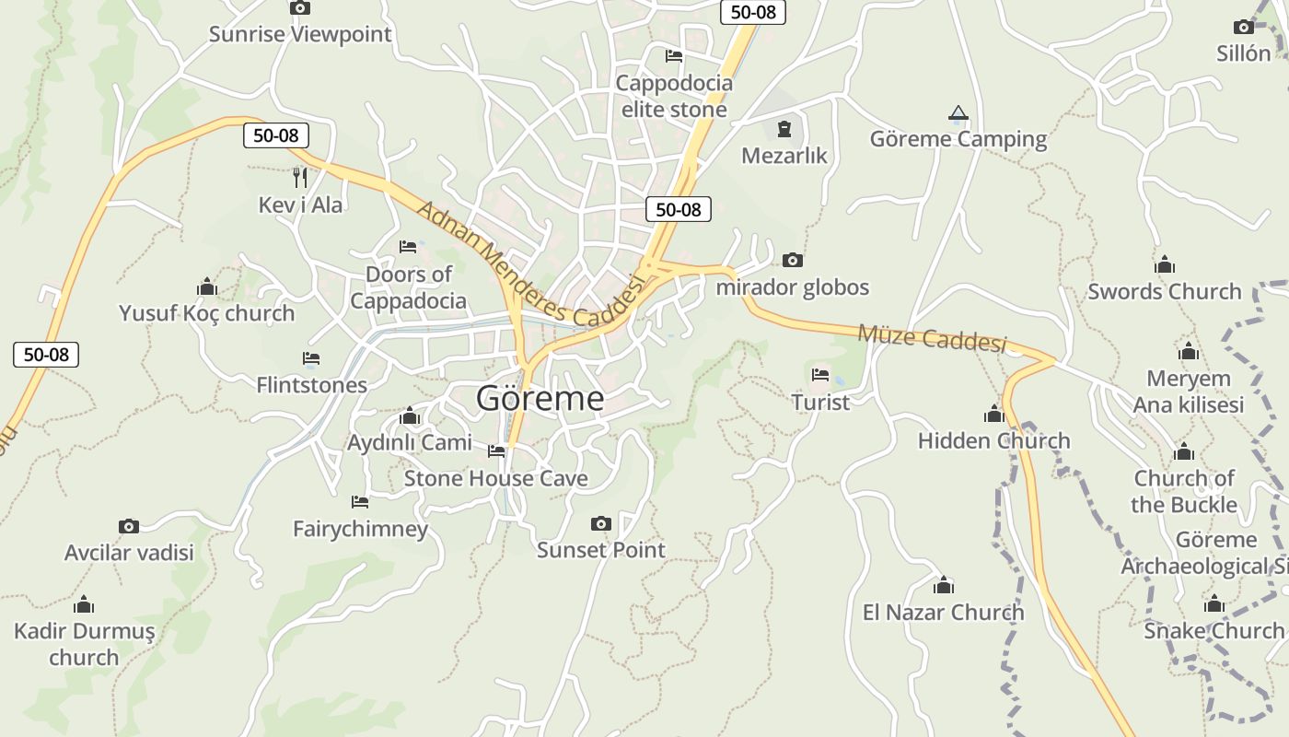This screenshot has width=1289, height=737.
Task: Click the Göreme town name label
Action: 540,398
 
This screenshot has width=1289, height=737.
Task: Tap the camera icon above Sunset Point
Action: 600,523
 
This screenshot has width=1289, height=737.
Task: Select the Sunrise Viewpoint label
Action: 300,34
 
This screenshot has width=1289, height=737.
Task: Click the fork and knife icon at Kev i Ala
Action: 300,177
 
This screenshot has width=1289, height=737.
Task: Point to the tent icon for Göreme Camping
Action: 958,113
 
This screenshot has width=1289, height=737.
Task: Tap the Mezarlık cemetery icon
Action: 784,129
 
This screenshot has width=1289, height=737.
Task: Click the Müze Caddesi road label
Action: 932,337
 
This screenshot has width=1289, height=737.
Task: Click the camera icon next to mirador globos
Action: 792,261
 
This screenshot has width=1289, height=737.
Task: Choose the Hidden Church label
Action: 993,440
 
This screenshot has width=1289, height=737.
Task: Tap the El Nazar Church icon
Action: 943,586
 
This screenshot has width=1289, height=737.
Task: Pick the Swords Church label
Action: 1164,291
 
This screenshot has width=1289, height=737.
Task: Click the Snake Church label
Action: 1214,630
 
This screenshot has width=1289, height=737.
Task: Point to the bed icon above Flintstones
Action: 311,358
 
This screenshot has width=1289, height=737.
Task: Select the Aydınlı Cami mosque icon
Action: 410,416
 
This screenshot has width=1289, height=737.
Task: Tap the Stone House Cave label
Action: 495,478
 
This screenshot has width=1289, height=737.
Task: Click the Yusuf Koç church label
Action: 206,313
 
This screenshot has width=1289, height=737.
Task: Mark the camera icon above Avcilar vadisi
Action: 129,526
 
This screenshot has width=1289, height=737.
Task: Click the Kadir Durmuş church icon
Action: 84,605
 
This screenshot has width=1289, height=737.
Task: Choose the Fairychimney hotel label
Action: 360,529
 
